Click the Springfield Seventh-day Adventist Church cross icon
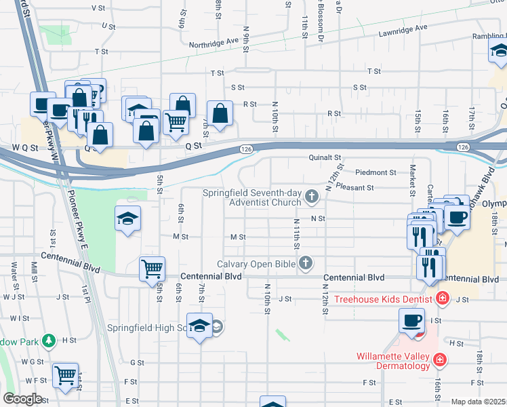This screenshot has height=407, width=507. [312, 197]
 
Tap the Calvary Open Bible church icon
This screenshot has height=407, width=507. [306, 263]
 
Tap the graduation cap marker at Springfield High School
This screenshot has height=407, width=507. [199, 326]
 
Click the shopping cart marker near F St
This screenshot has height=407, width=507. [65, 374]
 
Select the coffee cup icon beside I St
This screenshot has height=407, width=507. [411, 321]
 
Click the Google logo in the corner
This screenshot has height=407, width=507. [22, 399]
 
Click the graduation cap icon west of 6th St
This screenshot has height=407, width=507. [127, 218]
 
